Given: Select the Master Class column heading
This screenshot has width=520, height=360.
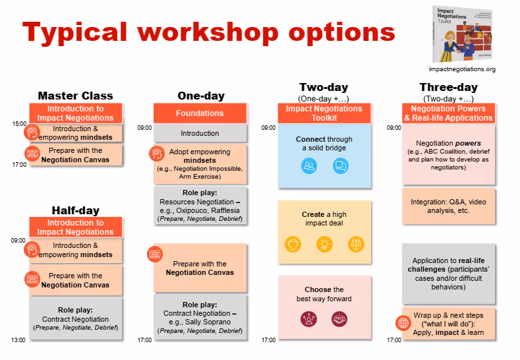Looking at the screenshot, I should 75,96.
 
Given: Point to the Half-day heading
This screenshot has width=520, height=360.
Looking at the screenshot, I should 75,210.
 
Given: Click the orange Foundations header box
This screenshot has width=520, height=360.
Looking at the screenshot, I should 200,113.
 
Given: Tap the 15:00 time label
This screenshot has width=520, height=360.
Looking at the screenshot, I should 18,123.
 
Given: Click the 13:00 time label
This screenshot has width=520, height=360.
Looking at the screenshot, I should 18,340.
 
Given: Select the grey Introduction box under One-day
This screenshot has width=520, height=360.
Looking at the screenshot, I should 200,133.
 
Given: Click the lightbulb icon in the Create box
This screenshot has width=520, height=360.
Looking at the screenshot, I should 324,244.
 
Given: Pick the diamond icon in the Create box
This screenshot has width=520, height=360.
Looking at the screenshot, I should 292,244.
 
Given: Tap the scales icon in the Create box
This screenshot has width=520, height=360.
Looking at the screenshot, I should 356,244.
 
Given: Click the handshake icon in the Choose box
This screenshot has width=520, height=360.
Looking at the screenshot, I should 340,320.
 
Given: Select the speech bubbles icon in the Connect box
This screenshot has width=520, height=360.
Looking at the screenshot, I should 340,166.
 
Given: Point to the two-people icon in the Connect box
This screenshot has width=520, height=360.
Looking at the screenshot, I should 308,166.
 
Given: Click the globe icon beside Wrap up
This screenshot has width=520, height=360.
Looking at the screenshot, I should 403,323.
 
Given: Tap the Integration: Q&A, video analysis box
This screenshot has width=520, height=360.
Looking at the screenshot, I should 448,206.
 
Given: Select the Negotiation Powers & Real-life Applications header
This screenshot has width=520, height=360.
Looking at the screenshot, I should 448,113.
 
